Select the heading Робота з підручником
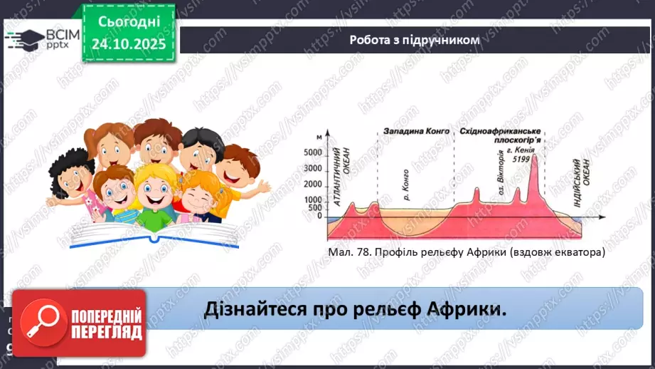pyautogui.click(x=414, y=40)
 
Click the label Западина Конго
pyautogui.click(x=415, y=132)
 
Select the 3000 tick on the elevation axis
pyautogui.click(x=313, y=170)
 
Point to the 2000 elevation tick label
pyautogui.click(x=313, y=184)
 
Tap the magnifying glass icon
pyautogui.click(x=41, y=322)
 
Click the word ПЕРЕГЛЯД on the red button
pyautogui.click(x=106, y=331)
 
